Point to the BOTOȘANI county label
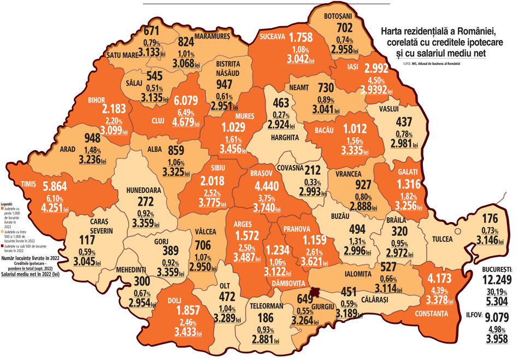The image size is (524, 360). coord(339,16)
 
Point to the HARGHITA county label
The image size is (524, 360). coord(285,138)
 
